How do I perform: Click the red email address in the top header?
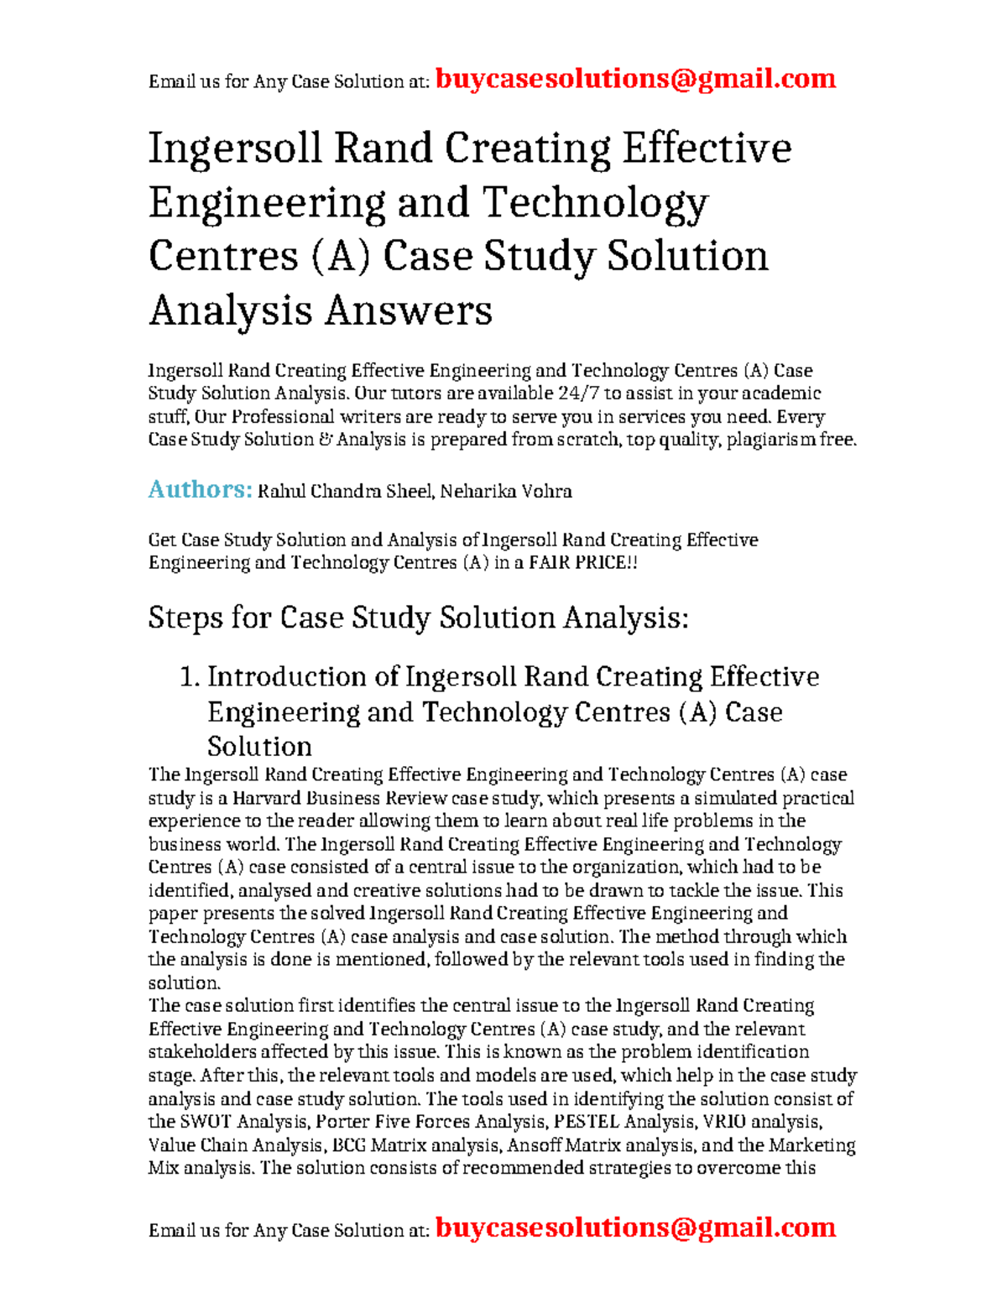tap(636, 79)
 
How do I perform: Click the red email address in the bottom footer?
tap(636, 1227)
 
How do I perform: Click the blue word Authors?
tap(200, 489)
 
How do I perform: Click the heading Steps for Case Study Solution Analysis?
tap(418, 618)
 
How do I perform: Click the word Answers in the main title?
tap(408, 310)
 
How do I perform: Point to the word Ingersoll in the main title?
tap(235, 149)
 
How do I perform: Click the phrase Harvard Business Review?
tap(339, 798)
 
